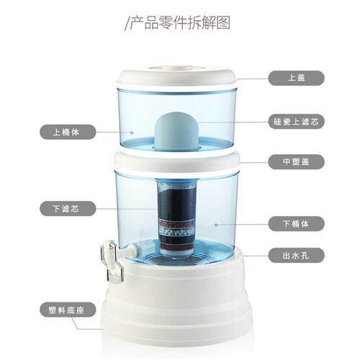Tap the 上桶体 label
point(66,132)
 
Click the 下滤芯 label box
point(66,210)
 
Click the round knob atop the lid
point(176,70)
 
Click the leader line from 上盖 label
point(252,78)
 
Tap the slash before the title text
point(127,23)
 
